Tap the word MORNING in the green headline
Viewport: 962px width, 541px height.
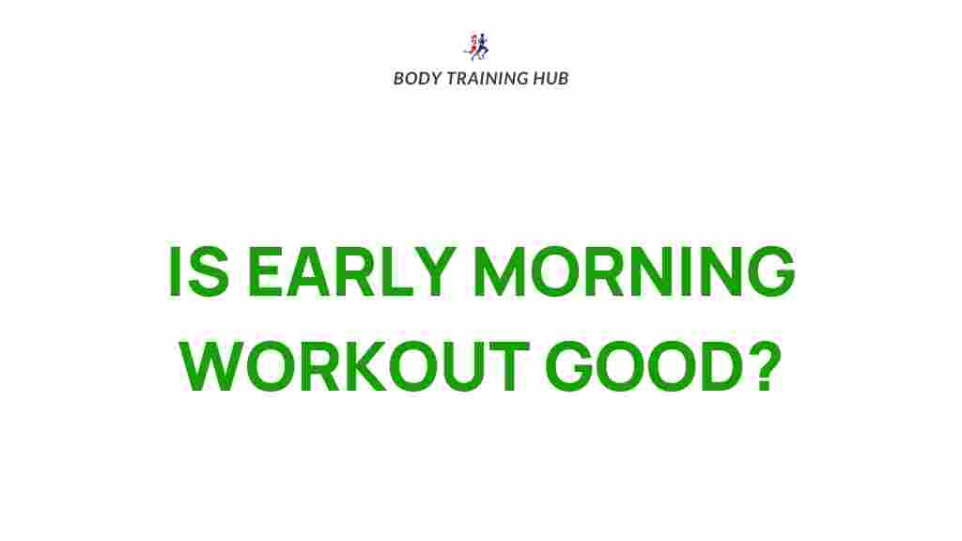tap(633, 272)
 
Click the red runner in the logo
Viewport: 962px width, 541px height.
tap(472, 46)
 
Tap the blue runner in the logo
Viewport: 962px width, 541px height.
tap(483, 46)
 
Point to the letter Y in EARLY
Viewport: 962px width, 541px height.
tap(435, 272)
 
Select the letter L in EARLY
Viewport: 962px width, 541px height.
tap(394, 272)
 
